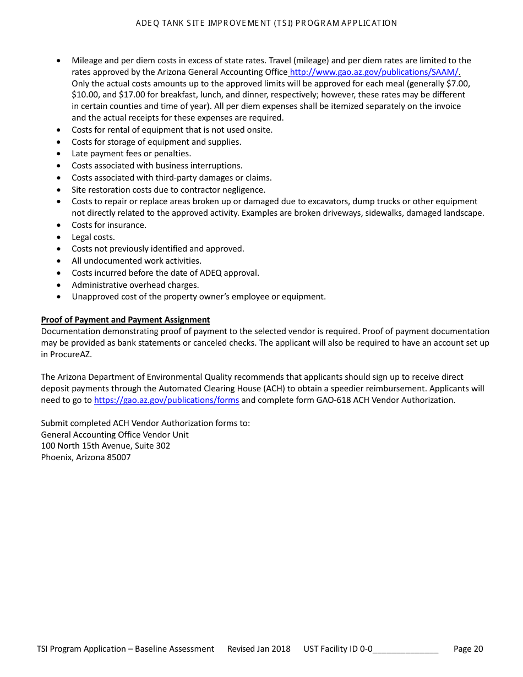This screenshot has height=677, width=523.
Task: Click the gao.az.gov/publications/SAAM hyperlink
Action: click(375, 72)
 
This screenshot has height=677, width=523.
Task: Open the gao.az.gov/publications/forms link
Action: click(166, 400)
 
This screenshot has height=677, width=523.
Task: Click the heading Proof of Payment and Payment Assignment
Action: click(125, 320)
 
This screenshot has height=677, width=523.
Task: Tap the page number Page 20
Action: click(468, 649)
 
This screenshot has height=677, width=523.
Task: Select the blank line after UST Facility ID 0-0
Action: click(406, 649)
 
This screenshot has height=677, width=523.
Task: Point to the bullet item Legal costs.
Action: click(93, 237)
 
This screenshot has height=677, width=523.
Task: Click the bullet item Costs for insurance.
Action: click(109, 225)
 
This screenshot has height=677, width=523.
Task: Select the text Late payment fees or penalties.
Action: click(131, 154)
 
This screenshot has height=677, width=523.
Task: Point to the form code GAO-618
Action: click(333, 400)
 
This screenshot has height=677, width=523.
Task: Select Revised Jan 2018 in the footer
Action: click(259, 649)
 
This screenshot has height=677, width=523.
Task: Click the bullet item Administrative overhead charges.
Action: click(135, 285)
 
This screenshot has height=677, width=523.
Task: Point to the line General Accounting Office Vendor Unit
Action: click(115, 435)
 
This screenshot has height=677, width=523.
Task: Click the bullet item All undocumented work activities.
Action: click(137, 261)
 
